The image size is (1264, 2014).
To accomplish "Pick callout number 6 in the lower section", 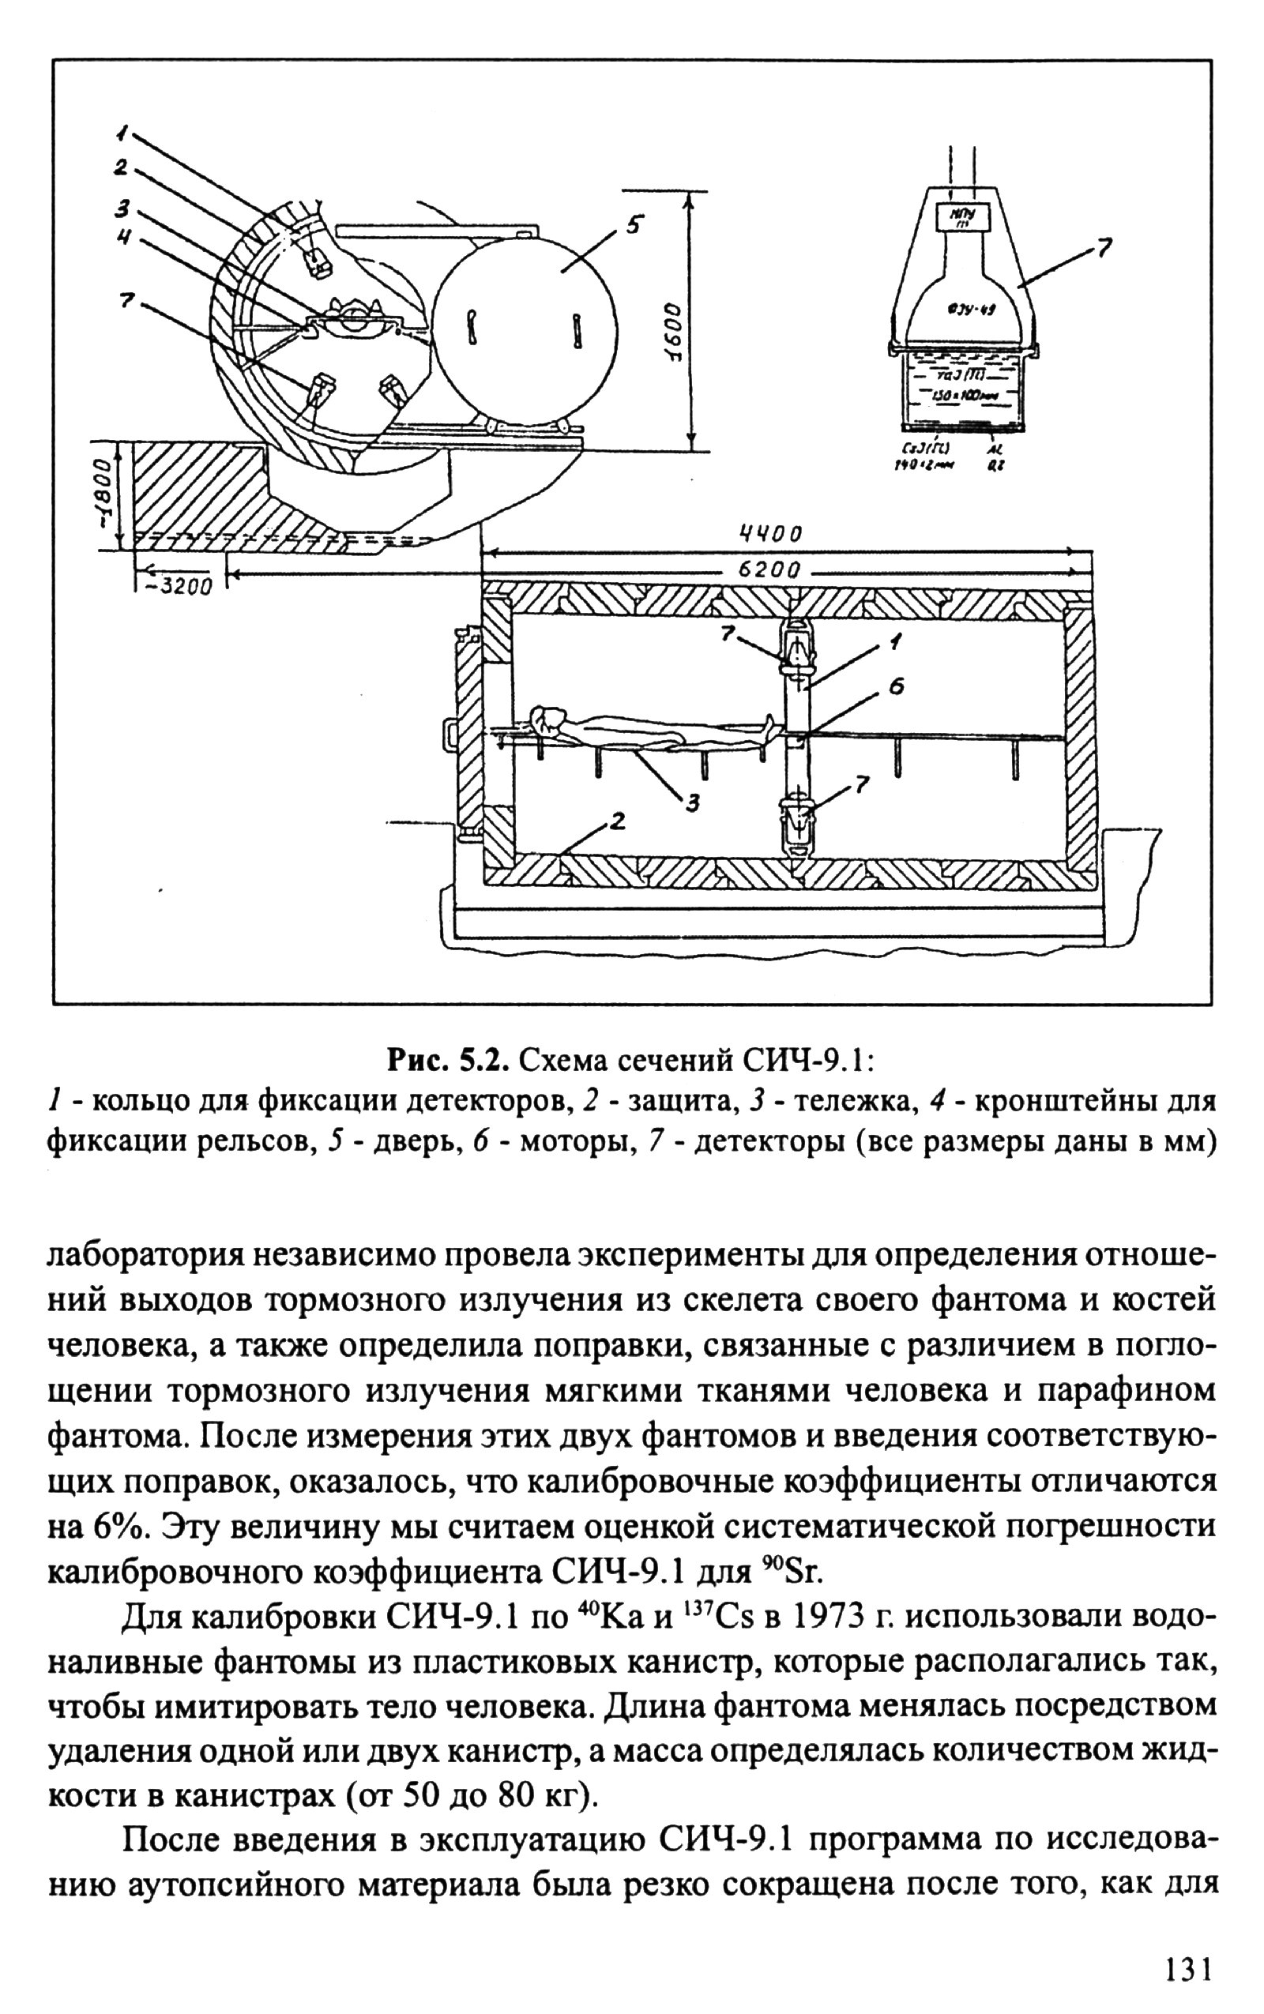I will (x=895, y=686).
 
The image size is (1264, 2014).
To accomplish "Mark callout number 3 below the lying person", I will (x=692, y=803).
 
